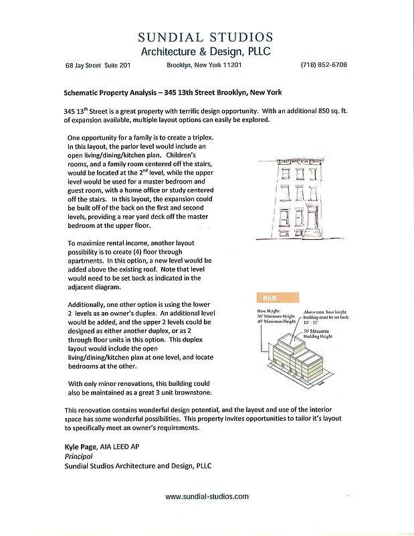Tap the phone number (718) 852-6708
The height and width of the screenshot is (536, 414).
coord(323,66)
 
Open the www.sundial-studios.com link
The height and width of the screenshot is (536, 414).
coord(207,496)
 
